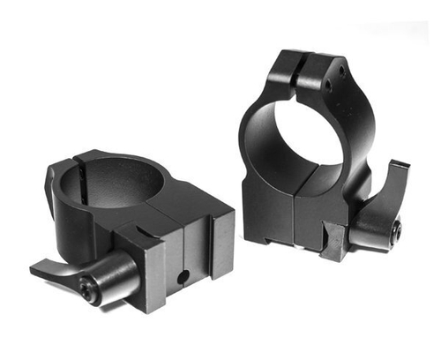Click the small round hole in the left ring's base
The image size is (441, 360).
pos(182,277)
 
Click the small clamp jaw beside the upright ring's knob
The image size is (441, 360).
pos(333,243)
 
